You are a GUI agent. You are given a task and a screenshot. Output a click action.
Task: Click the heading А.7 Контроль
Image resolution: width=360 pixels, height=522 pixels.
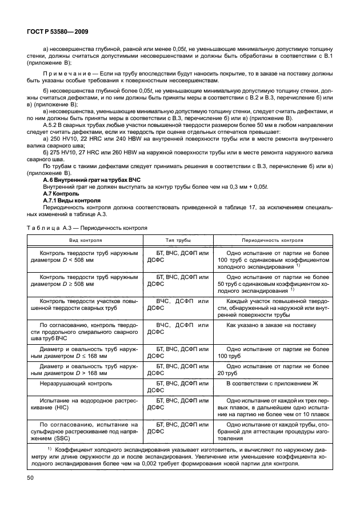coord(62,193)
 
